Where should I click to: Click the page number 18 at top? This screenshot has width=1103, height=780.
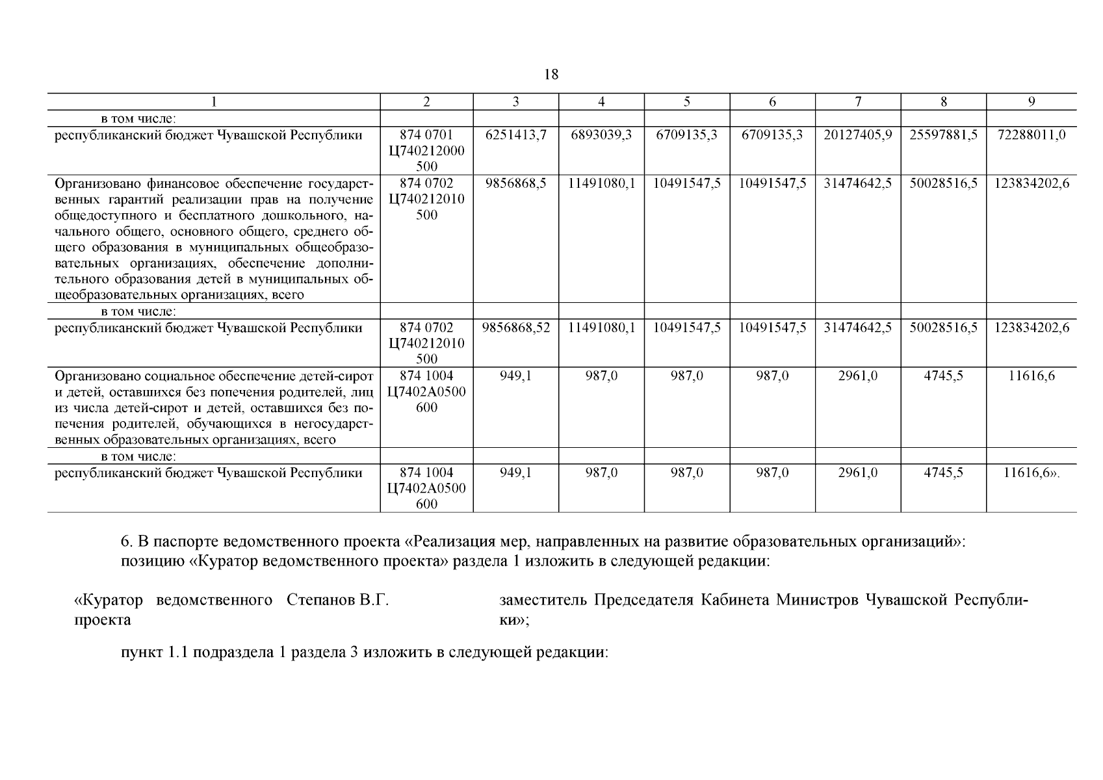[x=551, y=75]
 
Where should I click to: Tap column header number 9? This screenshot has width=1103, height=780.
[x=1032, y=102]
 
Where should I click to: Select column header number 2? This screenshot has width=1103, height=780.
[x=426, y=102]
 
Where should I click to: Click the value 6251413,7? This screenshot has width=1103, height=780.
[x=516, y=135]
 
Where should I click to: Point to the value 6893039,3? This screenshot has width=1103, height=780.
[x=601, y=135]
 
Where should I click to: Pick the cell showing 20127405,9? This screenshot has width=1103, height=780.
[x=858, y=135]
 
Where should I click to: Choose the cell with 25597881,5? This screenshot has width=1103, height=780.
[x=943, y=135]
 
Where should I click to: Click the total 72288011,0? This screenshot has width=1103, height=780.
[x=1032, y=135]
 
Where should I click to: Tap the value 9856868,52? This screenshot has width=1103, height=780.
[x=516, y=328]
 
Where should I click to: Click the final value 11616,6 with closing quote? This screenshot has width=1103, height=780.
[x=1033, y=473]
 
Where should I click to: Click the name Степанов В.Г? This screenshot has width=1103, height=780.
[x=338, y=600]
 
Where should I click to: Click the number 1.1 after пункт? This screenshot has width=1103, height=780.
[x=174, y=653]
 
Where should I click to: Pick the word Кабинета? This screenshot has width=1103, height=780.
[x=731, y=600]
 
